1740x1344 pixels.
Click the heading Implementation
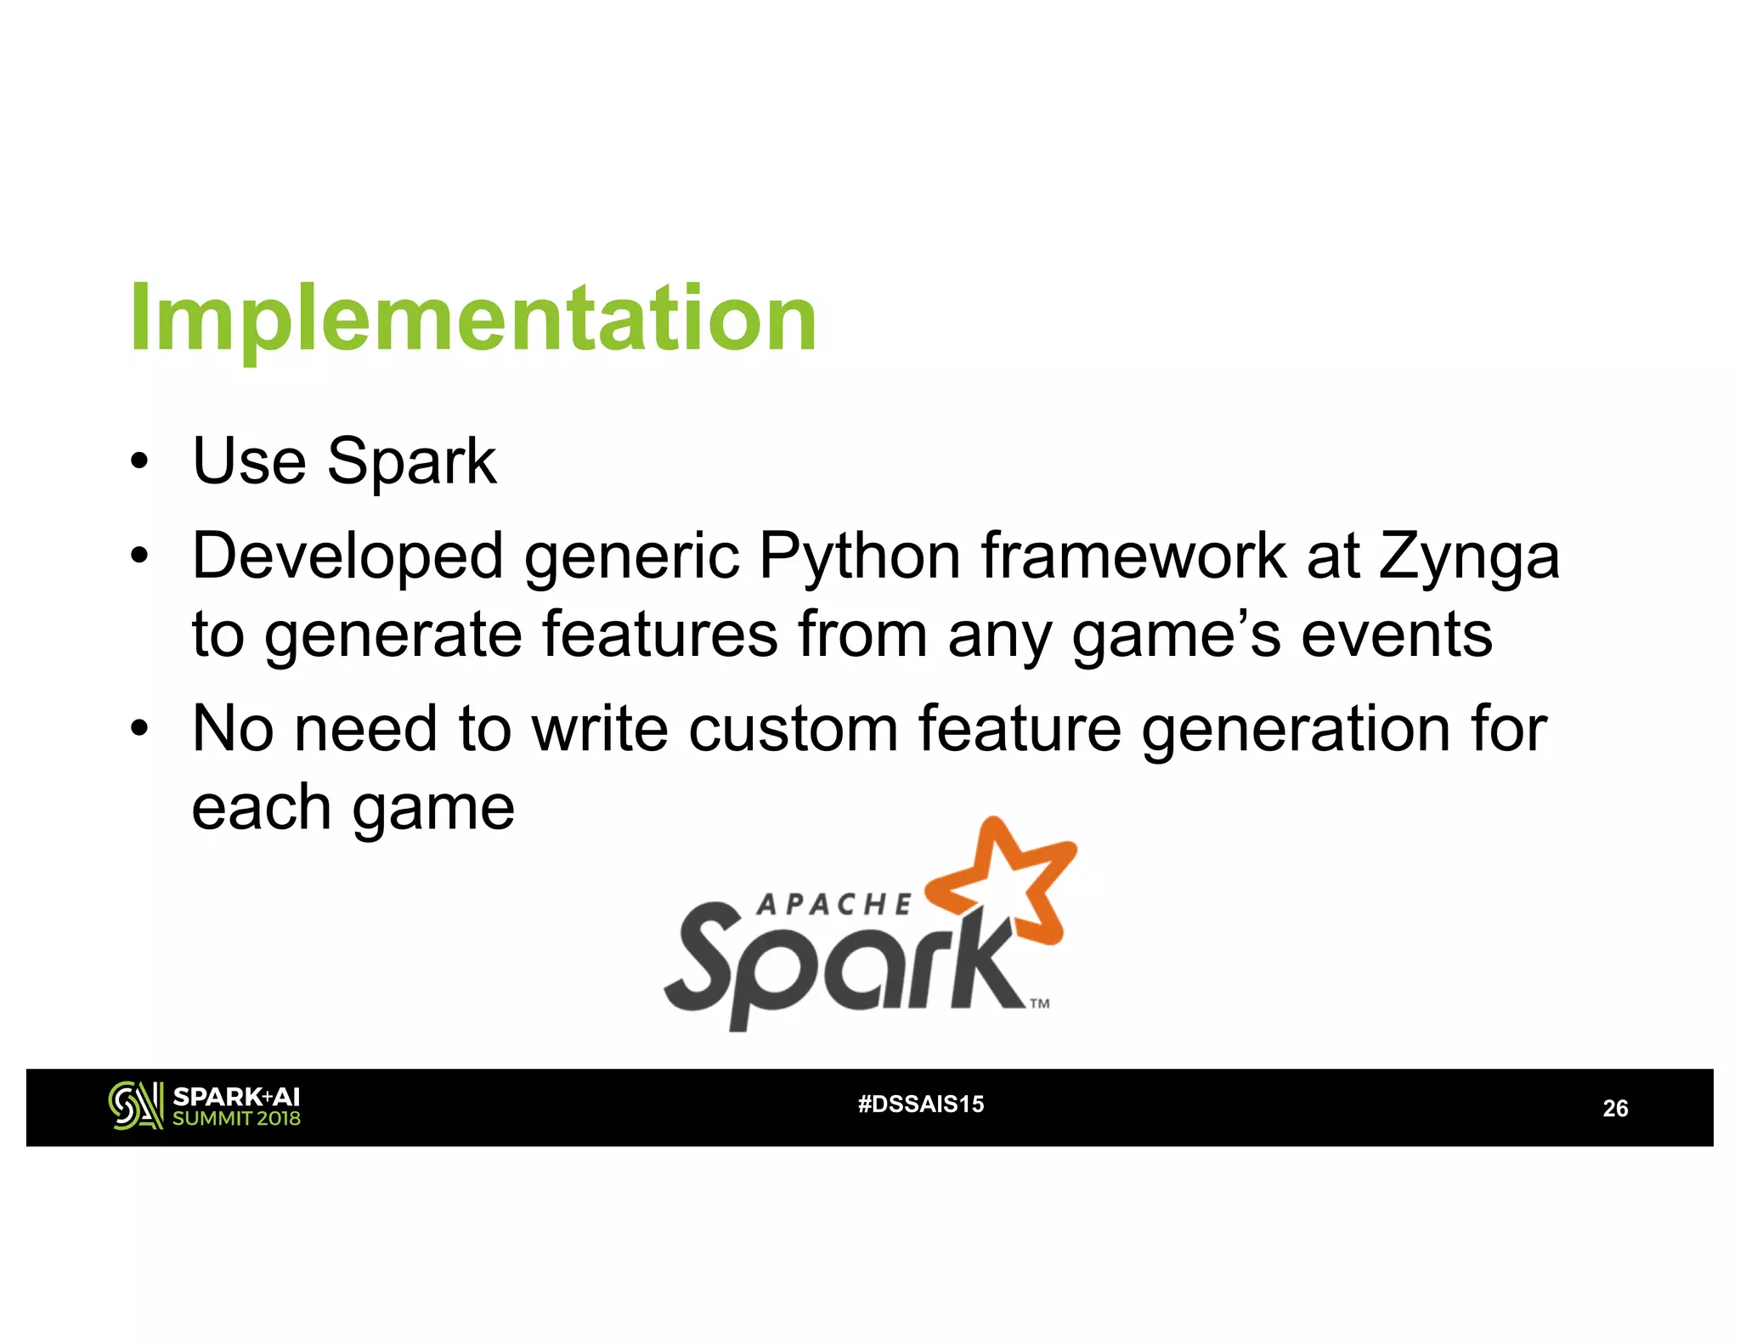[473, 319]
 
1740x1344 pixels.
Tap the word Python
[860, 556]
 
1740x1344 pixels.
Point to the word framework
[1133, 556]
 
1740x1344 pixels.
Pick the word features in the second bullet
[660, 635]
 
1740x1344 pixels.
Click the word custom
[793, 729]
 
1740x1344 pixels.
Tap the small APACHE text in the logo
[833, 906]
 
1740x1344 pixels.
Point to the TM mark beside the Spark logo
[1040, 1004]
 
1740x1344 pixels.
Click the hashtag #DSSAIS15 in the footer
[921, 1104]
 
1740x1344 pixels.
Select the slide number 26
[1615, 1109]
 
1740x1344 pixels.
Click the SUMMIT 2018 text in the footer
[236, 1119]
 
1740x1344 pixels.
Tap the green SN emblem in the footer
[135, 1106]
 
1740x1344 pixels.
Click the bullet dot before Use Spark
[139, 463]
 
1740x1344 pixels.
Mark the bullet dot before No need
[139, 730]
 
